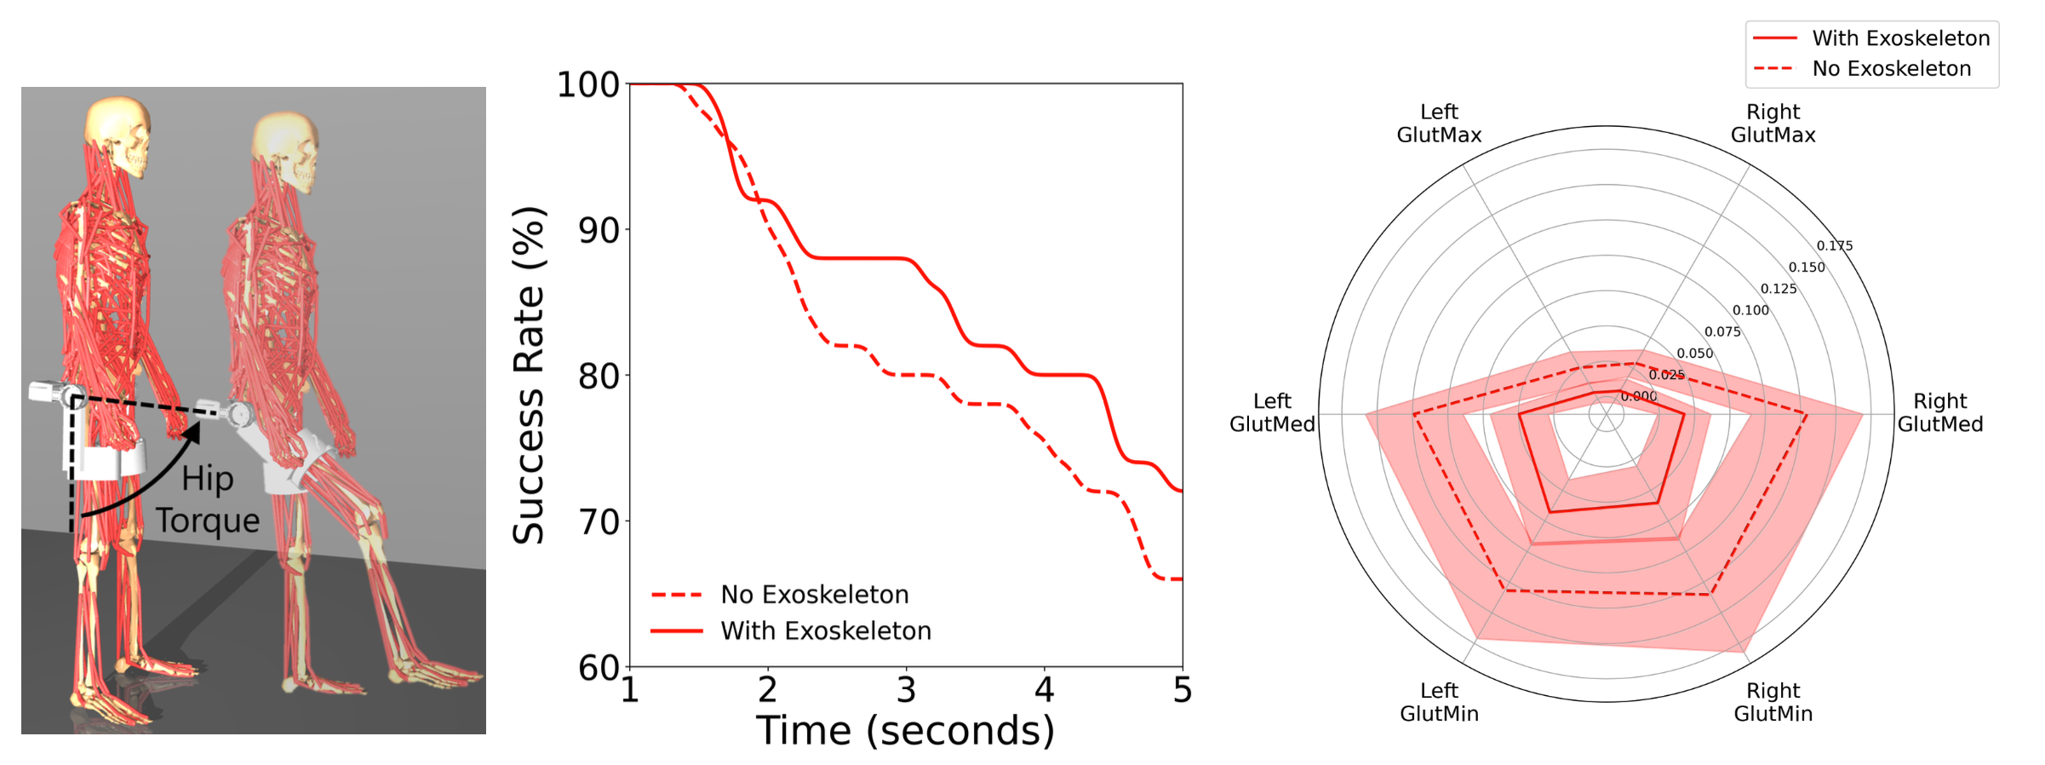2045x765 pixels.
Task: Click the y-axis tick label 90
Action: click(x=599, y=230)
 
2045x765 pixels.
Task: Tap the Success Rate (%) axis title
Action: click(x=529, y=375)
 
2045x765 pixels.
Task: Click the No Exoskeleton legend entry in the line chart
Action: click(x=814, y=595)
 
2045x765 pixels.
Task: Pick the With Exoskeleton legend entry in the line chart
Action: click(x=825, y=630)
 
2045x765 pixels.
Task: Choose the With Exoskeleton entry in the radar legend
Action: click(x=1900, y=38)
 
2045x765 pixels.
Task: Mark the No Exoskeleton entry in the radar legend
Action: click(x=1891, y=69)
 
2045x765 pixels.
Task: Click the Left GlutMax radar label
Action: click(x=1439, y=124)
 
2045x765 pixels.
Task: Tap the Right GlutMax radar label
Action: click(x=1773, y=124)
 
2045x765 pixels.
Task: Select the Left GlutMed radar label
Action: click(x=1272, y=412)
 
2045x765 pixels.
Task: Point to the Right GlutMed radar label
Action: click(x=1940, y=412)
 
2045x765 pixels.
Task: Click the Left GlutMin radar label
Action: click(x=1439, y=702)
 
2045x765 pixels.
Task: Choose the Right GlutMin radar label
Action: click(x=1773, y=702)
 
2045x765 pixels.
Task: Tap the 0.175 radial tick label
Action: click(x=1835, y=245)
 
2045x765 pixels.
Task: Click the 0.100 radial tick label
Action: click(x=1750, y=310)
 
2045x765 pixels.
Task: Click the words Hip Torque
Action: click(x=207, y=499)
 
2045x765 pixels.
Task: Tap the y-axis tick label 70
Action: click(x=599, y=521)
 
